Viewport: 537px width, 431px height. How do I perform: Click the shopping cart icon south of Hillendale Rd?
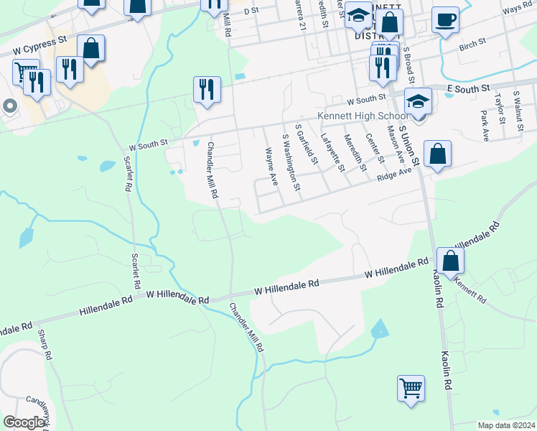tap(411, 389)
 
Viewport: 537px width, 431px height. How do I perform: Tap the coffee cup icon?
tap(446, 20)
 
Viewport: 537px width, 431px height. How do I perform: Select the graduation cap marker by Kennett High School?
tap(417, 102)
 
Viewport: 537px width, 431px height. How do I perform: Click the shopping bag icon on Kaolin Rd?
tap(450, 261)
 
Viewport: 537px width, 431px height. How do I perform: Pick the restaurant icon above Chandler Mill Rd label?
tap(207, 90)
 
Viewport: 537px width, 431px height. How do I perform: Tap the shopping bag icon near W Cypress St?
tap(90, 49)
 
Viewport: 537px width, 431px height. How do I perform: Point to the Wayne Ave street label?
tap(271, 166)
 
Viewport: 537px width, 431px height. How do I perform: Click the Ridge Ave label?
tap(394, 173)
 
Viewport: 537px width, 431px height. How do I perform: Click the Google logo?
tap(24, 422)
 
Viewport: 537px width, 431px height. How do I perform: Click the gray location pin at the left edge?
tap(9, 106)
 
